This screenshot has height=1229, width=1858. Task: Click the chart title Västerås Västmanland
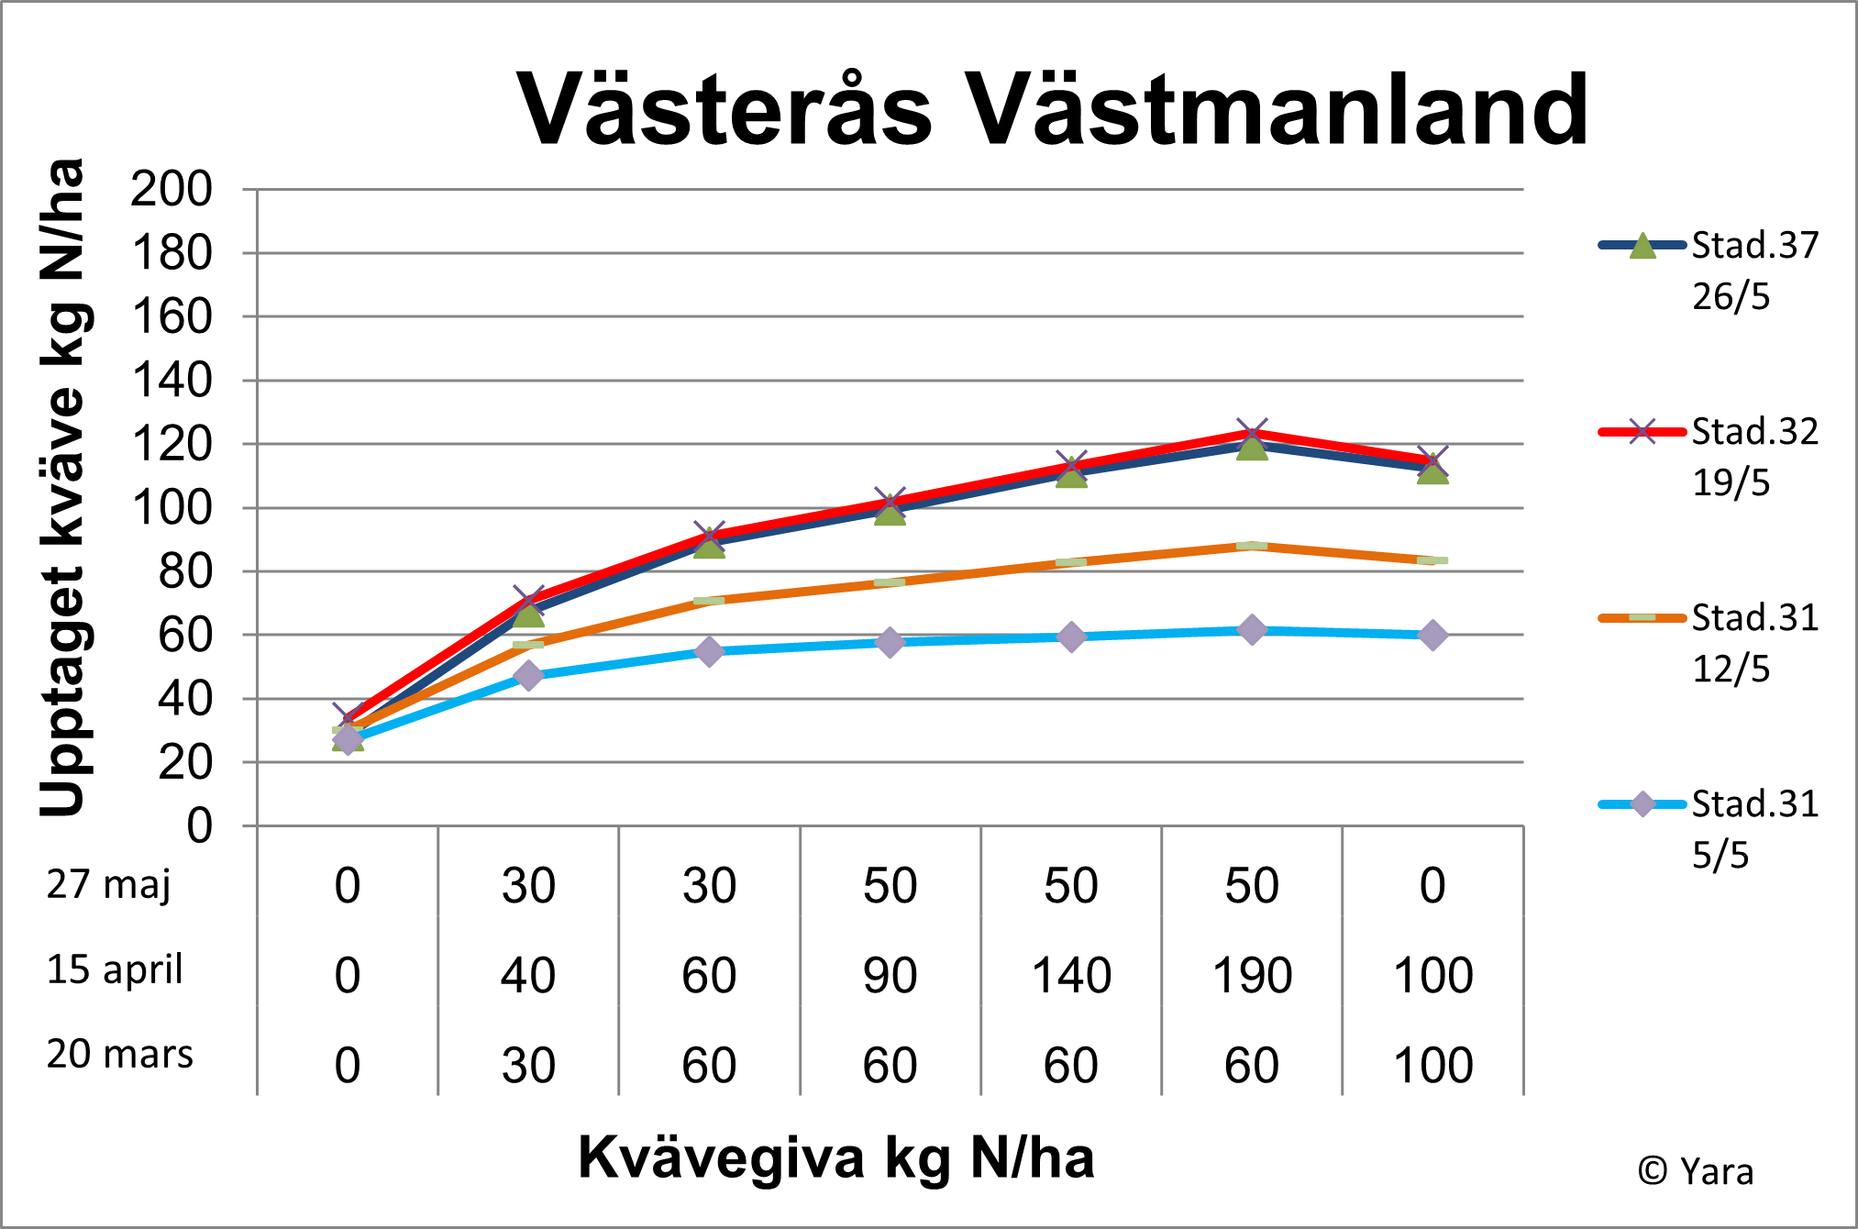pyautogui.click(x=1052, y=110)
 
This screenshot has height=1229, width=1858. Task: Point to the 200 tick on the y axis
pyautogui.click(x=171, y=190)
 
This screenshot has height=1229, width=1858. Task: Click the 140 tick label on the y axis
pyautogui.click(x=171, y=381)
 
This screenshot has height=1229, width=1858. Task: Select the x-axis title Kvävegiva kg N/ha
pyautogui.click(x=835, y=1157)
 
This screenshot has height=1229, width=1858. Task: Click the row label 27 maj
pyautogui.click(x=109, y=885)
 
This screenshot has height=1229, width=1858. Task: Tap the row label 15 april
pyautogui.click(x=115, y=970)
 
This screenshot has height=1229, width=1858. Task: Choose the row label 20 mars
pyautogui.click(x=120, y=1055)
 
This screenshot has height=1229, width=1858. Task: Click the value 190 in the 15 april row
pyautogui.click(x=1252, y=976)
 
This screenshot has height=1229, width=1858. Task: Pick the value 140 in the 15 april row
pyautogui.click(x=1071, y=976)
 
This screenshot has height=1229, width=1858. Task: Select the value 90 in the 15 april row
pyautogui.click(x=890, y=976)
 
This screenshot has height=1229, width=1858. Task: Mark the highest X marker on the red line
pyautogui.click(x=1252, y=432)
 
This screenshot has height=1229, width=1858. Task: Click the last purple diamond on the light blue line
pyautogui.click(x=1432, y=635)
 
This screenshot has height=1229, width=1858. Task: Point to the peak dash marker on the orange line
pyautogui.click(x=1252, y=546)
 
